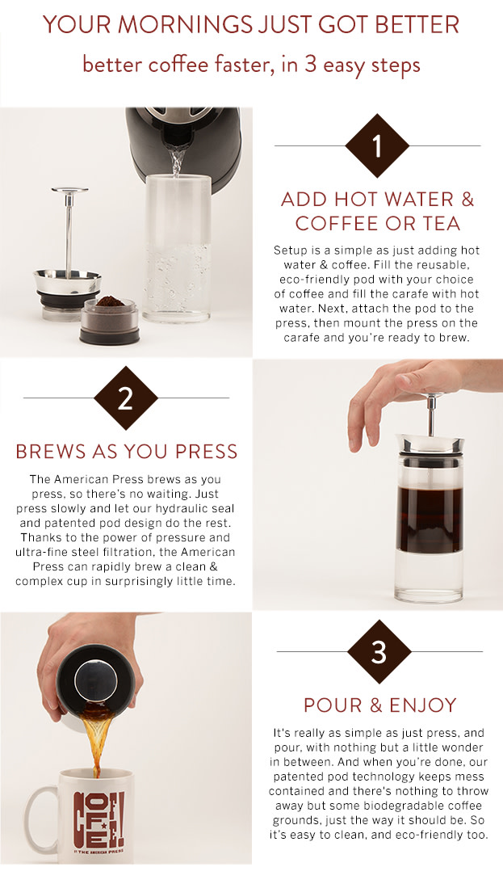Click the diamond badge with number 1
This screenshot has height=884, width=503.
point(376,146)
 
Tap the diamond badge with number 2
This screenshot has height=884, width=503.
point(125,398)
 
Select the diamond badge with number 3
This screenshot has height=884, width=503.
point(379,651)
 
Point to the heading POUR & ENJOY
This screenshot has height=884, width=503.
point(379,705)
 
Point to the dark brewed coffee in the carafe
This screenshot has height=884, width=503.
point(430,517)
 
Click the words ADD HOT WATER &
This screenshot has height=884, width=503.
point(377,200)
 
